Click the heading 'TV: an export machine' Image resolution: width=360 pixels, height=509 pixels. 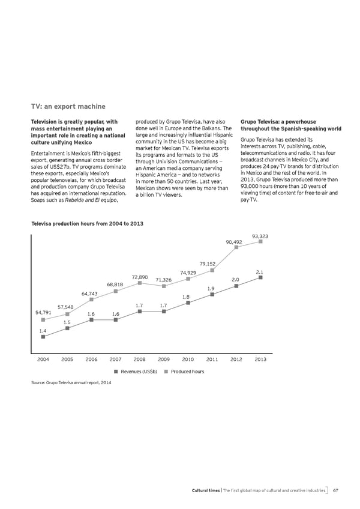click(68, 107)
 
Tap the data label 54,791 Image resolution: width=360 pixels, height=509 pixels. click(43, 313)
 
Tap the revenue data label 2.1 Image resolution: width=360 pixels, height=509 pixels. click(260, 273)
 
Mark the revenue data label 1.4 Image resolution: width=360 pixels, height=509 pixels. click(43, 331)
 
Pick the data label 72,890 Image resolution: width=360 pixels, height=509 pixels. click(140, 277)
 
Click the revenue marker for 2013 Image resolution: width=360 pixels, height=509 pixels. click(260, 278)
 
